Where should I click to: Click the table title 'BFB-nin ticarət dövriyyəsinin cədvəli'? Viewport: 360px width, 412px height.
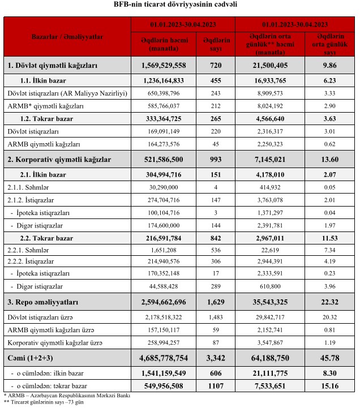point(179,5)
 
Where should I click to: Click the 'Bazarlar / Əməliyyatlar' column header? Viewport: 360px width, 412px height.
point(67,36)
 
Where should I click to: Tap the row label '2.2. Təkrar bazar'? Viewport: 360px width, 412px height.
point(49,237)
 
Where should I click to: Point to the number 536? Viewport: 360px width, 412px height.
point(216,250)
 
